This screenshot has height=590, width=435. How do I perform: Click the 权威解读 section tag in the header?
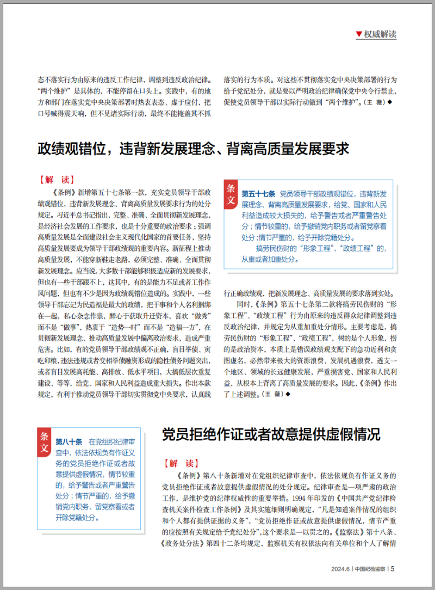pos(380,34)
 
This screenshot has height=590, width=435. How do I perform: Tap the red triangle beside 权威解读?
pos(359,34)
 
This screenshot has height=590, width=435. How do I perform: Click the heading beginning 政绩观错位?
pos(194,149)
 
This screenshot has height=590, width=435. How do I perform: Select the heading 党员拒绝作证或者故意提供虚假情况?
pos(271,434)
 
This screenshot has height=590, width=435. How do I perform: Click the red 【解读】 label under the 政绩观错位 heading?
pos(57,180)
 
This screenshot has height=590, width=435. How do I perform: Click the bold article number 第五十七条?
pos(258,194)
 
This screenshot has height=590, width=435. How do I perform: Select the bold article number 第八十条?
pos(69,441)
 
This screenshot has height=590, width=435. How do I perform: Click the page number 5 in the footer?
pos(393,569)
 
